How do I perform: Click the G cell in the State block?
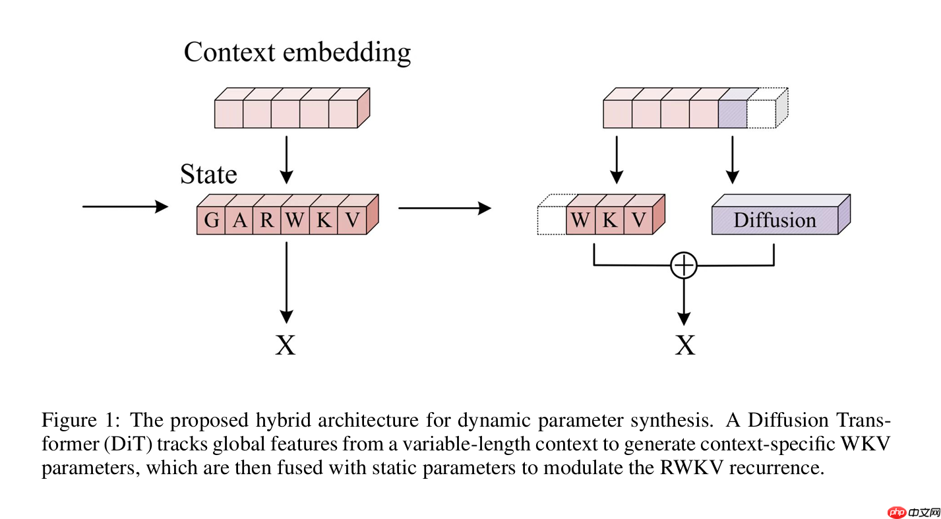pyautogui.click(x=211, y=220)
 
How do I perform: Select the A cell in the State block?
pyautogui.click(x=239, y=220)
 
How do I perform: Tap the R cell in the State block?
pyautogui.click(x=267, y=220)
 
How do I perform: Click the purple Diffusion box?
pyautogui.click(x=775, y=220)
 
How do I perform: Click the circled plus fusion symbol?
pyautogui.click(x=684, y=265)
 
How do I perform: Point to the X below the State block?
pyautogui.click(x=286, y=344)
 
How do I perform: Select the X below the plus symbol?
pyautogui.click(x=685, y=344)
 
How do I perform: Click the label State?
pyautogui.click(x=208, y=174)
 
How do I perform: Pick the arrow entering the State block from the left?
pyautogui.click(x=125, y=207)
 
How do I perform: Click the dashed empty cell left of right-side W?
pyautogui.click(x=552, y=220)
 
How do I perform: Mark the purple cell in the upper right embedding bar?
pyautogui.click(x=733, y=113)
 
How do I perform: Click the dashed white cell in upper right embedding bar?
pyautogui.click(x=761, y=113)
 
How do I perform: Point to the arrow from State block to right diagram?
pyautogui.click(x=444, y=208)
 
